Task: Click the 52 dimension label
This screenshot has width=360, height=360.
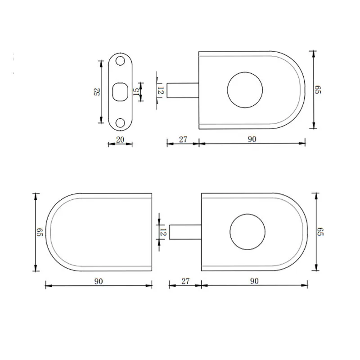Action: (x=97, y=92)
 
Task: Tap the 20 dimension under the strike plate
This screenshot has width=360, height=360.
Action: (x=120, y=139)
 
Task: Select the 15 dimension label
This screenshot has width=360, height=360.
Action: (x=136, y=92)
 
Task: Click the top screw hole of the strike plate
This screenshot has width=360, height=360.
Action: (x=120, y=61)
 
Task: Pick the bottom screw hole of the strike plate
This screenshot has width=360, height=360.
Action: (x=120, y=122)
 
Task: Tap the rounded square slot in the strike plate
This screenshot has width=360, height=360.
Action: (x=120, y=92)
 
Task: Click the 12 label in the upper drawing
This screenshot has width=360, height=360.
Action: (x=161, y=90)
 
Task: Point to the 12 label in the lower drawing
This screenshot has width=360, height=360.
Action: (x=163, y=232)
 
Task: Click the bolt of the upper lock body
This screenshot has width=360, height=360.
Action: (x=183, y=90)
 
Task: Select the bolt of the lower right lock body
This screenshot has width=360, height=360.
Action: (x=185, y=232)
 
